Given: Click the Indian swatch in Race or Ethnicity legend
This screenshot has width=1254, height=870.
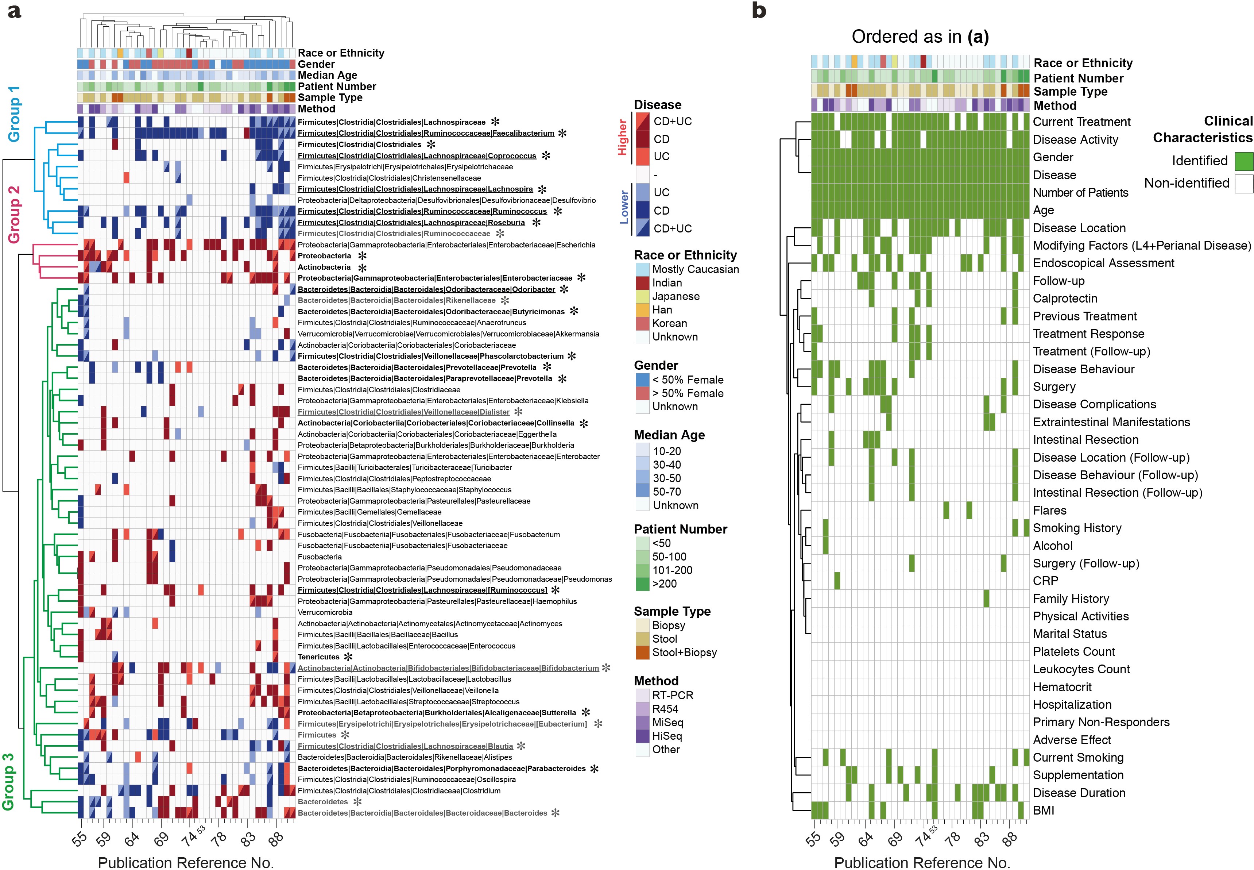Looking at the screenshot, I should (642, 283).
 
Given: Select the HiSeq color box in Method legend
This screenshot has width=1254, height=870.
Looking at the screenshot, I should (642, 736).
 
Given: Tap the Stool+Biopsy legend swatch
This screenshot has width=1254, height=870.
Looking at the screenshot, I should (642, 652).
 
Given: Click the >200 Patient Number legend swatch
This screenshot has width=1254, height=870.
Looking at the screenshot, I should (642, 584).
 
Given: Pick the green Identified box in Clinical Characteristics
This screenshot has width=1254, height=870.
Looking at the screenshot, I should (1244, 161).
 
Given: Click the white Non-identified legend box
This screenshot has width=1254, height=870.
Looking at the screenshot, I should (1244, 184).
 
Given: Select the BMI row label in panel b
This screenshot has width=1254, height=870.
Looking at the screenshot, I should (1043, 811).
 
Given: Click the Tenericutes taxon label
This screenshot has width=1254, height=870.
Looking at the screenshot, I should (318, 657).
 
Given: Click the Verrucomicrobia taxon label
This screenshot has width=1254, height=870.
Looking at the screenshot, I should (325, 612).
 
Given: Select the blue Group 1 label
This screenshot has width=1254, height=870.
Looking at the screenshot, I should (14, 113).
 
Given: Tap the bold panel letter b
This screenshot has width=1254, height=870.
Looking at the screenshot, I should (759, 11).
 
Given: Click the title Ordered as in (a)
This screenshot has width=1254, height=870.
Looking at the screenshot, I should (920, 36).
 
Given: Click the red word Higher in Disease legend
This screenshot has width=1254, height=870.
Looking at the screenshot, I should (622, 138).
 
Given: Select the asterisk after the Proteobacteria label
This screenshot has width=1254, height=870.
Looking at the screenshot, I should (362, 256).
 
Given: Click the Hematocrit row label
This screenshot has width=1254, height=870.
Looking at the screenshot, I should (1062, 687).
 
